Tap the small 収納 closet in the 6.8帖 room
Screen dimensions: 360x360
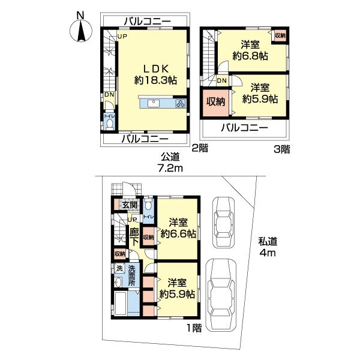pyautogui.click(x=280, y=36)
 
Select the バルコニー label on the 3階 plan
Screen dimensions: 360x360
pyautogui.click(x=244, y=127)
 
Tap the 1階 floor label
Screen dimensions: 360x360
pyautogui.click(x=193, y=328)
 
